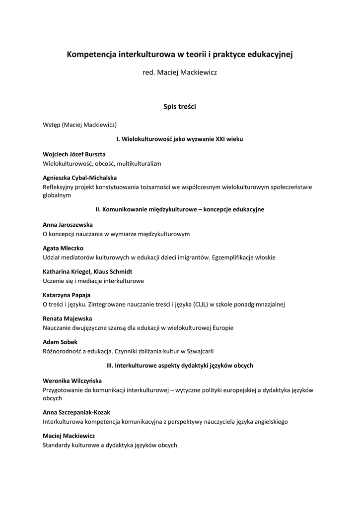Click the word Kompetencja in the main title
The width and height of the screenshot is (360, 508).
click(x=92, y=54)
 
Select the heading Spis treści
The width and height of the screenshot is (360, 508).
click(x=180, y=106)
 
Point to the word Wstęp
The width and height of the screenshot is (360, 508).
click(x=52, y=125)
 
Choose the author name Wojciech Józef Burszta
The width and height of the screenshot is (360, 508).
click(x=74, y=154)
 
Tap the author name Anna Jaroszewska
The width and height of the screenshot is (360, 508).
click(x=68, y=225)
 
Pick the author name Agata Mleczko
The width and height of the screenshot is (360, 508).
click(x=63, y=248)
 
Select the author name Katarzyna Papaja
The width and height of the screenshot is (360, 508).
click(x=67, y=295)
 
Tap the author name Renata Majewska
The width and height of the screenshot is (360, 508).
click(x=67, y=318)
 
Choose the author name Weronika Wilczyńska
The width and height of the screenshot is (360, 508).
click(x=72, y=381)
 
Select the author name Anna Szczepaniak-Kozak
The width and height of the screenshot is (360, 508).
click(x=76, y=412)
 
